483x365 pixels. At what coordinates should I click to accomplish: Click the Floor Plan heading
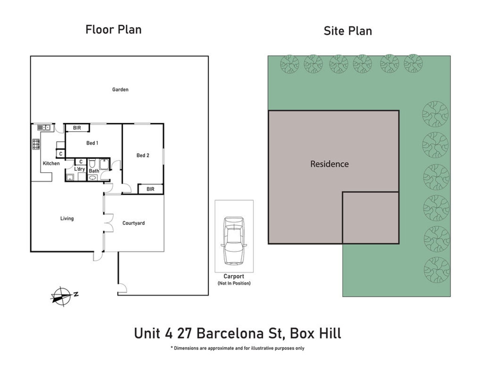(114, 30)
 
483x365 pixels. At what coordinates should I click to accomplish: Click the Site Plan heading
(347, 31)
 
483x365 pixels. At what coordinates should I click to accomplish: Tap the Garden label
(120, 90)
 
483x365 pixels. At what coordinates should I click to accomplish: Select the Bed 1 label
(92, 143)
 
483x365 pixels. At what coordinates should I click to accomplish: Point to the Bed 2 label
(143, 155)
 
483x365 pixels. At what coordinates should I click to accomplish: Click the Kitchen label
(51, 163)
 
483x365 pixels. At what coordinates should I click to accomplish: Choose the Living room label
(67, 218)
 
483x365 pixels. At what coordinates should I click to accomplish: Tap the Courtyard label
(133, 223)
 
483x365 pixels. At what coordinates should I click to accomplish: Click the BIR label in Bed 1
(77, 128)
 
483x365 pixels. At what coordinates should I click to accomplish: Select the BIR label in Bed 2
(150, 189)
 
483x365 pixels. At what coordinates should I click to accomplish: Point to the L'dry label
(79, 169)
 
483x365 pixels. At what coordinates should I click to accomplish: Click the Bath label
(94, 171)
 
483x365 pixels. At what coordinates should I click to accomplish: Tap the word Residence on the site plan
(329, 164)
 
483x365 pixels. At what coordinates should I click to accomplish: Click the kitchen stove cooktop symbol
(36, 144)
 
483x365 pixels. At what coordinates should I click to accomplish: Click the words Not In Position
(234, 283)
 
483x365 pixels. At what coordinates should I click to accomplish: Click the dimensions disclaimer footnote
(237, 348)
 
